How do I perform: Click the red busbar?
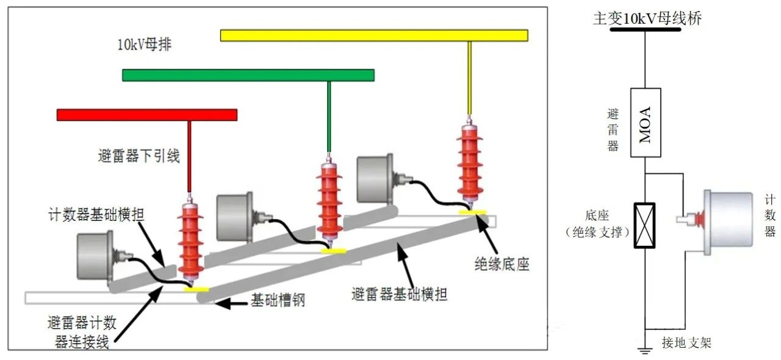click(146, 115)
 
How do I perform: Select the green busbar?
click(248, 75)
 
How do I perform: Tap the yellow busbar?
click(373, 35)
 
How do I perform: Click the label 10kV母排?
click(145, 45)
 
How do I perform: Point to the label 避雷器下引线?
click(139, 156)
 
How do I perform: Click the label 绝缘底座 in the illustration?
click(502, 264)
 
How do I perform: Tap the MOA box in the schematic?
click(645, 123)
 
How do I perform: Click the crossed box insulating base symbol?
click(645, 225)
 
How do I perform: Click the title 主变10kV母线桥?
click(647, 18)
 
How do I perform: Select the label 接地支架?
click(686, 343)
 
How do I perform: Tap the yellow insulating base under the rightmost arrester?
click(473, 212)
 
